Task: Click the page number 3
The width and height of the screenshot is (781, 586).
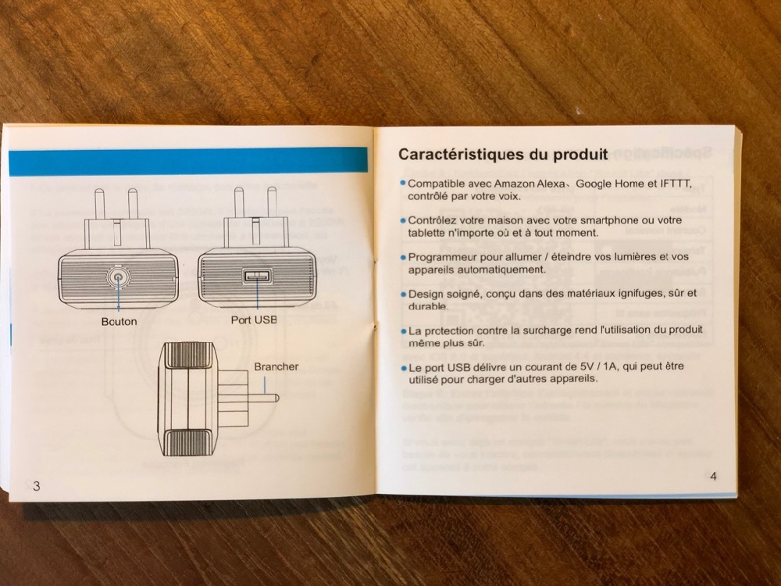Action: [37, 486]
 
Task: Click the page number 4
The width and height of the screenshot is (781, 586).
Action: [713, 477]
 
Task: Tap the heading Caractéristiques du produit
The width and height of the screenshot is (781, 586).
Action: [503, 155]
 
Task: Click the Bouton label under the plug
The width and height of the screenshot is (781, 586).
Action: [119, 321]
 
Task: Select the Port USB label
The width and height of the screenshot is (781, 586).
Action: [254, 320]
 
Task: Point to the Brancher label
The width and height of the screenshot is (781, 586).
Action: [276, 366]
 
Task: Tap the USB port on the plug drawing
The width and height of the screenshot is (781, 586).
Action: [257, 276]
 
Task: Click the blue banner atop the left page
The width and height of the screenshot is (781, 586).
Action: [188, 160]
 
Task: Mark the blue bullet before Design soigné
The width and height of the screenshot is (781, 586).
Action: [404, 294]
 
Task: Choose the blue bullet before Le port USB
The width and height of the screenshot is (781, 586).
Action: [404, 368]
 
